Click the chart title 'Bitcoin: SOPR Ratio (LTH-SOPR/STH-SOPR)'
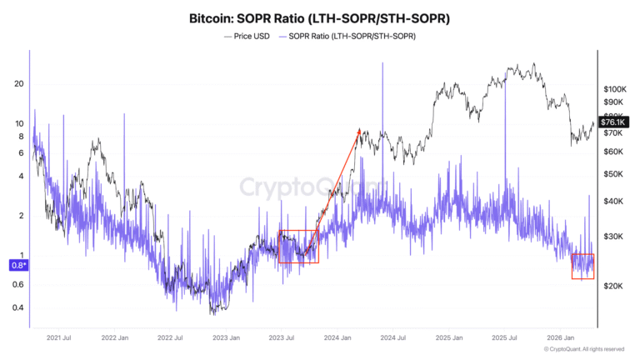[x=320, y=17]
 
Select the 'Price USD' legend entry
[x=249, y=37]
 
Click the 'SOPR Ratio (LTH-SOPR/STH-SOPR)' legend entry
[x=351, y=37]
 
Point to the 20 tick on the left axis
[x=18, y=84]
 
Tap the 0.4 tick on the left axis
[x=18, y=307]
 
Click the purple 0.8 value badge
[x=18, y=265]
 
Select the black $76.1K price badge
[x=612, y=122]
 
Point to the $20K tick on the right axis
[x=613, y=286]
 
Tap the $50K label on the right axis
[x=613, y=174]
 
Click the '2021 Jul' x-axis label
[x=58, y=337]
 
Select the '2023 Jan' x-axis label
[x=226, y=337]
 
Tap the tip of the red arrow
[x=359, y=129]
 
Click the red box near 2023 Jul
[x=297, y=247]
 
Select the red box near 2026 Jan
[x=582, y=267]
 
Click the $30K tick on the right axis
[x=613, y=237]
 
